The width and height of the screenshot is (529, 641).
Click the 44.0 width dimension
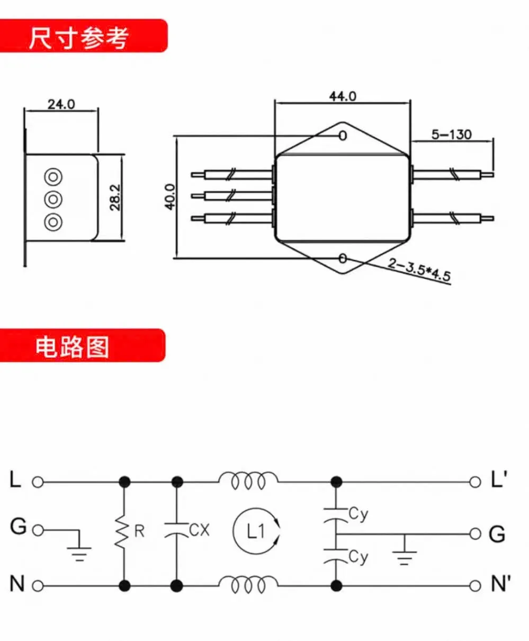click(x=343, y=96)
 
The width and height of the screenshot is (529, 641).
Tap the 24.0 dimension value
click(x=61, y=104)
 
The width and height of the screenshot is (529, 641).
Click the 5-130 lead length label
click(x=451, y=135)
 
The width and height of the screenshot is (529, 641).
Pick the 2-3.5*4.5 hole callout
click(x=418, y=270)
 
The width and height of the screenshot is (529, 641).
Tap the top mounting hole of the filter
click(x=343, y=136)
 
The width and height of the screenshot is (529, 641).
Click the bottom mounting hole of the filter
click(x=343, y=259)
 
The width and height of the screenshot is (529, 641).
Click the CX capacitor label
click(x=199, y=530)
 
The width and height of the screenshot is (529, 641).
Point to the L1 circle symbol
click(x=256, y=531)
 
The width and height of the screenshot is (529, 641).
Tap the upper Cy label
click(x=358, y=514)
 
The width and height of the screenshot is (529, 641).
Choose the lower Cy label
click(x=358, y=557)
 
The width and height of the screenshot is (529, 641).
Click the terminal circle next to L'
click(x=474, y=482)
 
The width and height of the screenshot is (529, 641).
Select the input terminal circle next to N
click(x=37, y=586)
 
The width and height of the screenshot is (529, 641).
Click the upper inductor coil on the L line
click(x=247, y=481)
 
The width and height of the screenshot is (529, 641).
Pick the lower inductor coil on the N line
click(x=247, y=585)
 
